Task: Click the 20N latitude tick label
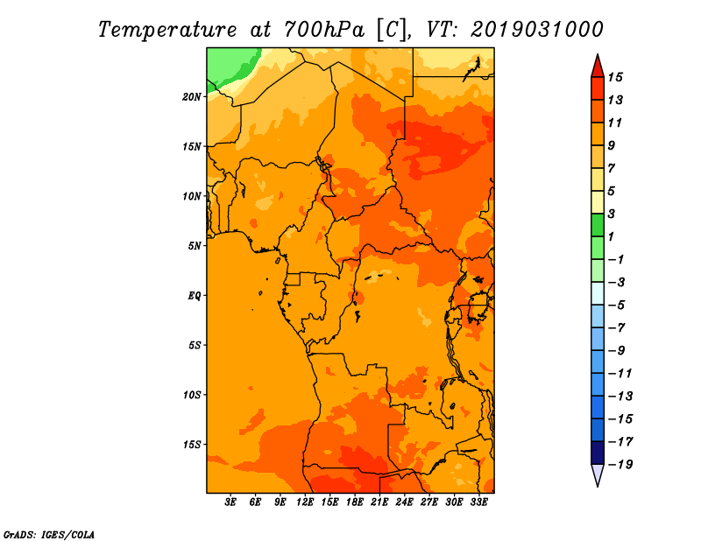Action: point(192,96)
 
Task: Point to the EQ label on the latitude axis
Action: point(195,296)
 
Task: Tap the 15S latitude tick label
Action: point(192,445)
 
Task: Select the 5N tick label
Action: point(195,246)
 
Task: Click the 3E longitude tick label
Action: point(230,502)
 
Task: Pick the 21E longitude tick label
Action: point(379,502)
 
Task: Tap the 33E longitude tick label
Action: point(478,502)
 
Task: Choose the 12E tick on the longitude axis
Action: point(305,502)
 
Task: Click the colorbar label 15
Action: point(615,77)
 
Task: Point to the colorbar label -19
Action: point(620,465)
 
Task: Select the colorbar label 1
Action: point(611,236)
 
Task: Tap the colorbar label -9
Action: point(616,351)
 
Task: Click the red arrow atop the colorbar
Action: point(598,67)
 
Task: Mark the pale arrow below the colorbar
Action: point(598,474)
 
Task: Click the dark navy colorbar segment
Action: point(598,453)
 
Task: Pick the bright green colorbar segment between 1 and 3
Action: point(598,225)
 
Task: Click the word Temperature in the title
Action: point(167,31)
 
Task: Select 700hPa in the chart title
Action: point(324,30)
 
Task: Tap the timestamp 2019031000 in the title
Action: point(537,30)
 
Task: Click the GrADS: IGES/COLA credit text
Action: point(49,535)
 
